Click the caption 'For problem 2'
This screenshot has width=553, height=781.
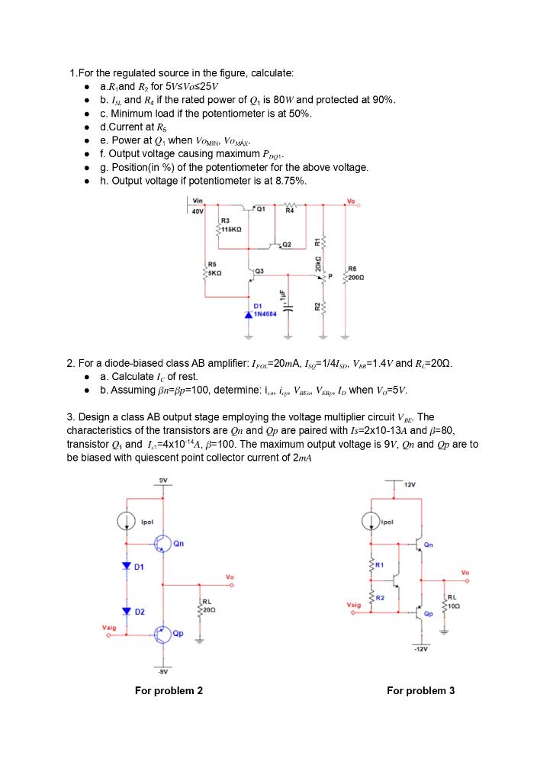pos(169,691)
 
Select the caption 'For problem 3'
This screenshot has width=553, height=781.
pos(420,691)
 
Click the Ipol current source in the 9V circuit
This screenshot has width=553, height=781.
pos(127,521)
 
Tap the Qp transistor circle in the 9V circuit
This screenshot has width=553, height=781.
pos(162,634)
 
